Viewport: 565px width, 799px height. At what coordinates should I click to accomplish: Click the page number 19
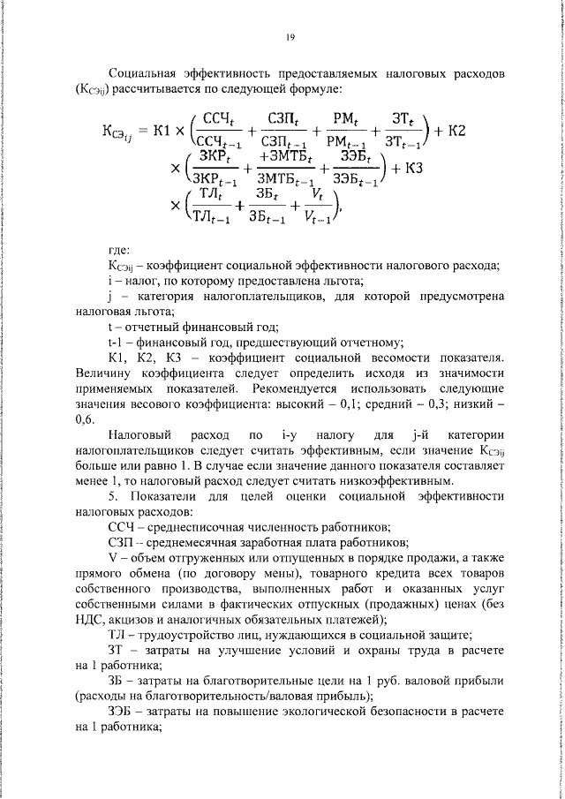289,36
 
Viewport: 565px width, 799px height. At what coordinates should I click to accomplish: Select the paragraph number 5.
110,495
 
